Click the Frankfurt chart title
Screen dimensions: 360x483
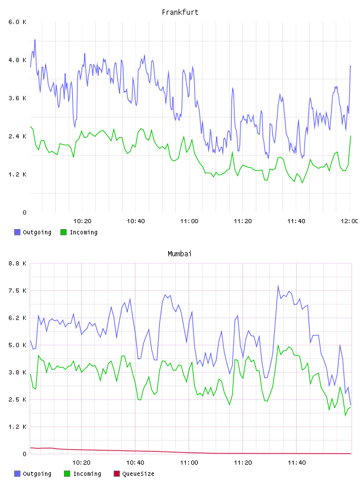tap(180, 12)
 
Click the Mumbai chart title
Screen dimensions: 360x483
tap(179, 254)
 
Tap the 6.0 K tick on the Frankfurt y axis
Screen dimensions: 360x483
tap(18, 22)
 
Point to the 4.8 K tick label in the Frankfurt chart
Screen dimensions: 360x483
tap(18, 60)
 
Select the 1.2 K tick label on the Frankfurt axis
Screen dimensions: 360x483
tap(18, 175)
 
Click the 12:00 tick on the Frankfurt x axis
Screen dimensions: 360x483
tap(349, 221)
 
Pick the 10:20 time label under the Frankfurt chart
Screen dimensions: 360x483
tap(82, 221)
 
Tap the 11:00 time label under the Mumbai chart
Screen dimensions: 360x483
tap(189, 462)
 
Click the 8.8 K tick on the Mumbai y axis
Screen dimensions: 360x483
tap(18, 263)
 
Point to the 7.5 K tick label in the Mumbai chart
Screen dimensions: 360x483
tap(18, 291)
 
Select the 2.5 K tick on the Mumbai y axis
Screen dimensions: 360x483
tap(18, 400)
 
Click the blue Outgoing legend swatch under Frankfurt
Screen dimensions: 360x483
tap(17, 232)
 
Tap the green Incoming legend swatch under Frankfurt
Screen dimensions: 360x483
tap(63, 232)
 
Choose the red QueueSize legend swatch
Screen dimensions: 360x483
tap(117, 474)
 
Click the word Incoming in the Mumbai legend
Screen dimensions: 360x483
tap(87, 474)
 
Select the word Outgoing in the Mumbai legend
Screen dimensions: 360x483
tap(37, 474)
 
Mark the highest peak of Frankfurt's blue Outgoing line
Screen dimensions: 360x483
tap(35, 40)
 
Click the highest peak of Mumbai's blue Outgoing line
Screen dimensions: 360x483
tap(278, 286)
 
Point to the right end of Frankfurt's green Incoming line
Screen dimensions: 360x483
tap(351, 136)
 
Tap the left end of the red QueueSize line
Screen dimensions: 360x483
tap(30, 447)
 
